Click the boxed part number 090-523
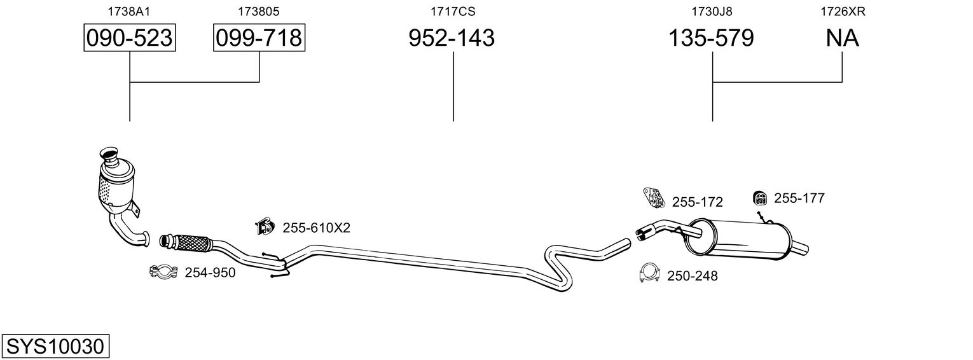coord(129,38)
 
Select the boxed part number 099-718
coord(259,38)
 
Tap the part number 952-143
coord(451,38)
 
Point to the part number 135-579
coord(711,38)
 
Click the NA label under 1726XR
coord(842,38)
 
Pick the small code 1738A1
coord(129,11)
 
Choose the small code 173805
coord(259,11)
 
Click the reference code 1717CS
coord(453,11)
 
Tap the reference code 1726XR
coord(842,11)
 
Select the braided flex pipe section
coord(191,242)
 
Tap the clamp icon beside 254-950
coord(162,273)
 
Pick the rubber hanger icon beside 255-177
coord(759,198)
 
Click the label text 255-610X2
coord(316,228)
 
